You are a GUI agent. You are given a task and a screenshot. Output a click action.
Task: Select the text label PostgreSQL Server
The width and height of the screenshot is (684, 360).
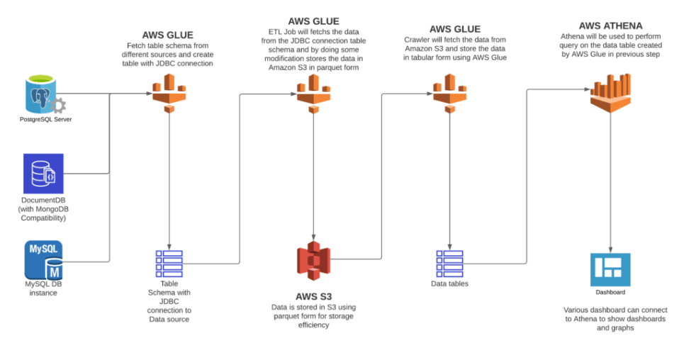45,120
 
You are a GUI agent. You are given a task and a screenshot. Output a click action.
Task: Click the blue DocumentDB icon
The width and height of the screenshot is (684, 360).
43,174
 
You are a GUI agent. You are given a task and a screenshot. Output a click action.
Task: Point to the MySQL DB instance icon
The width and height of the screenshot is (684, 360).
43,259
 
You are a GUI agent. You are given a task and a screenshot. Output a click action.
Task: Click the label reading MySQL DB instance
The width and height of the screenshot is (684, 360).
43,288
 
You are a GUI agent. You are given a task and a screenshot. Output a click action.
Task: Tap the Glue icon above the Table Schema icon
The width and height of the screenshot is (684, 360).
169,93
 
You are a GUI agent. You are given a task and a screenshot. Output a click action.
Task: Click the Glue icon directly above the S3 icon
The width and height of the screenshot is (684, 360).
313,93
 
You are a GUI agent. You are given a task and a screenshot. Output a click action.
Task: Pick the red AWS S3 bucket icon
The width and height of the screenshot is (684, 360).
313,261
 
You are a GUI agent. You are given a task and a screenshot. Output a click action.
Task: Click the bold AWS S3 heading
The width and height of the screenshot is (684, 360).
313,296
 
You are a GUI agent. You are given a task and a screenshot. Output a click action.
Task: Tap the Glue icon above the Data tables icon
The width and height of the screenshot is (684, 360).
449,93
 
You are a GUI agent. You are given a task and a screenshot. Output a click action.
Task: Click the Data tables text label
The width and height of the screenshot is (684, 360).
449,284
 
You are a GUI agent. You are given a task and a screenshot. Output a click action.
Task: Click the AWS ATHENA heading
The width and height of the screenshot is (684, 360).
610,26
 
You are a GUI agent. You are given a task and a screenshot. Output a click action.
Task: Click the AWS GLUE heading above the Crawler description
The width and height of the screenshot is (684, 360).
454,29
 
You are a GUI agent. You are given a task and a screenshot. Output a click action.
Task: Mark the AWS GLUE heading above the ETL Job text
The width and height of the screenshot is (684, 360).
313,21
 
